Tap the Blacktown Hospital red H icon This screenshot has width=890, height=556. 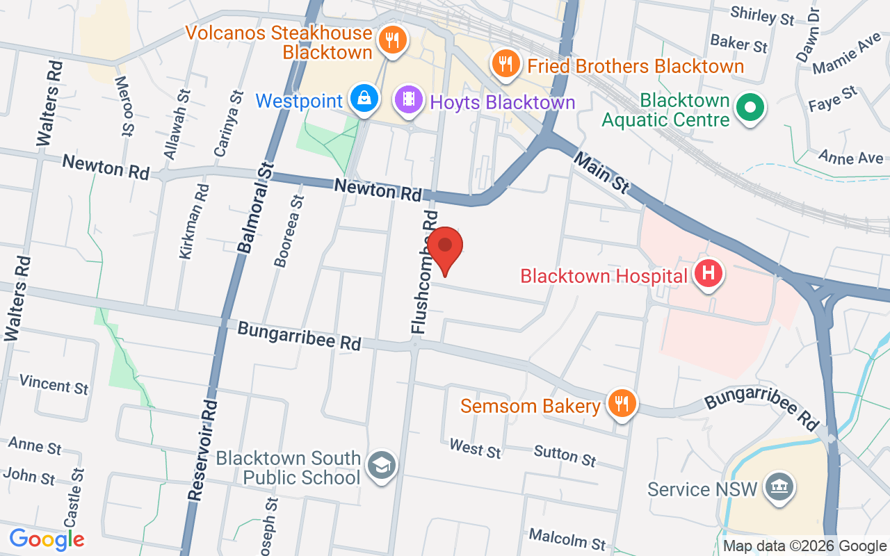(x=708, y=273)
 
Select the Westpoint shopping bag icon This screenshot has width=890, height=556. (x=364, y=99)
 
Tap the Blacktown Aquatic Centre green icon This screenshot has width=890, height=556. (x=750, y=108)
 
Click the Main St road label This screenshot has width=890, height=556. (x=601, y=173)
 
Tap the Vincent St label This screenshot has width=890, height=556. (x=54, y=384)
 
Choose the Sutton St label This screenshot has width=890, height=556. (x=565, y=456)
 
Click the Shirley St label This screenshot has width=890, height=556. (x=762, y=15)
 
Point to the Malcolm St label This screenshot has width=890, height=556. (x=567, y=538)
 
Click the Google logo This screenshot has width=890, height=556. (x=47, y=539)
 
